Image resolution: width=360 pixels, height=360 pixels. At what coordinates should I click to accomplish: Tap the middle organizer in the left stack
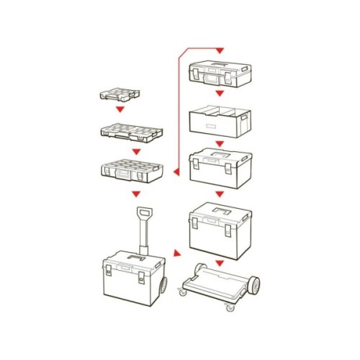pyautogui.click(x=130, y=132)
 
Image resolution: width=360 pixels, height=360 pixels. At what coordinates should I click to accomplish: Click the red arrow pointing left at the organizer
pyautogui.click(x=176, y=173)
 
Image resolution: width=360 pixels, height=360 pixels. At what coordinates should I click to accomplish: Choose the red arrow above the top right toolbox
pyautogui.click(x=220, y=50)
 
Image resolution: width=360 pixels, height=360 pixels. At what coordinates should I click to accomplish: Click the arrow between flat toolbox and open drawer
pyautogui.click(x=220, y=94)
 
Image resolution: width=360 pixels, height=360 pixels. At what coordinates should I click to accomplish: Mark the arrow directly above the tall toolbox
pyautogui.click(x=220, y=193)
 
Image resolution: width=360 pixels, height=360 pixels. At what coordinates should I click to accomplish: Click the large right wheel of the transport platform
pyautogui.click(x=251, y=287)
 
